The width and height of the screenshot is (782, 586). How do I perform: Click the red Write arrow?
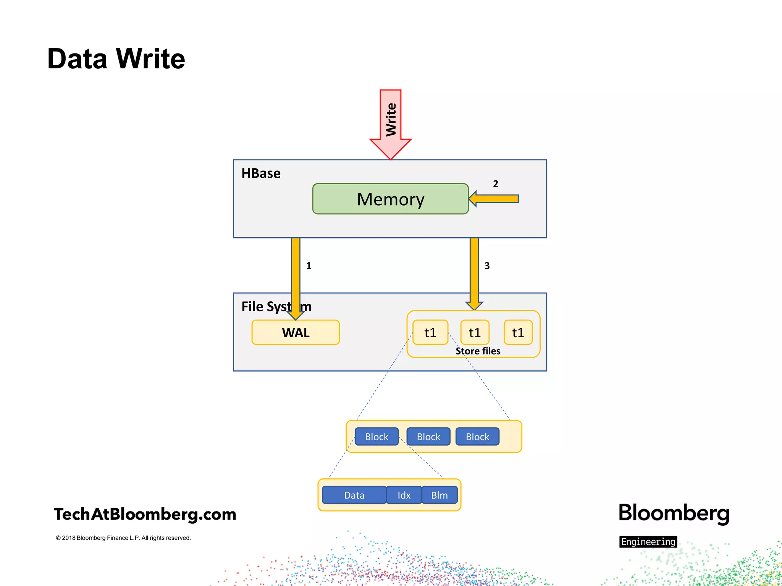pos(391,122)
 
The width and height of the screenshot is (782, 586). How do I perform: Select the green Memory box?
pos(390,199)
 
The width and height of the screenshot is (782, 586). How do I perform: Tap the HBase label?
pos(261,174)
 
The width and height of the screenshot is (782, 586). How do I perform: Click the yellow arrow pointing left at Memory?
pos(494,199)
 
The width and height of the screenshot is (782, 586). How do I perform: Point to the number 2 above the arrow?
pos(495,184)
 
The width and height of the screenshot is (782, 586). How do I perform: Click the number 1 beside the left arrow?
pos(309,266)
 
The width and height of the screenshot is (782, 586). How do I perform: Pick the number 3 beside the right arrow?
pos(487,266)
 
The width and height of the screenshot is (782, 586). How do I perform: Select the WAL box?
pos(296,332)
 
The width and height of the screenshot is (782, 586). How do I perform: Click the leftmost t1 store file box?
pos(430,332)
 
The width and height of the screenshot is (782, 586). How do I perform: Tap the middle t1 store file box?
pos(475,332)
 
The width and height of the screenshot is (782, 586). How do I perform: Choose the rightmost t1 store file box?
pos(518,332)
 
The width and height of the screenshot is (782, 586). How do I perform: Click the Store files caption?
pos(478,351)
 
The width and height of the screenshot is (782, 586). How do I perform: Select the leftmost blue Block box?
pos(376,436)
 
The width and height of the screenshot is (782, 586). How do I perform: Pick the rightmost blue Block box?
pos(477,436)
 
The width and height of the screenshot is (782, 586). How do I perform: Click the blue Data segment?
pos(354,495)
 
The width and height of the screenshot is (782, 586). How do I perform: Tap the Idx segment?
pos(404,495)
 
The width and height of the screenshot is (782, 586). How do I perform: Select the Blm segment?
pos(439,495)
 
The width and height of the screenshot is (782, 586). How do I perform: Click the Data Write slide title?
pos(116,59)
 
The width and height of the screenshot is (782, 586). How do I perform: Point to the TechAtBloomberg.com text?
pos(145,514)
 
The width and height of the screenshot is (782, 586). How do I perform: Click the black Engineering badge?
pos(648,541)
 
